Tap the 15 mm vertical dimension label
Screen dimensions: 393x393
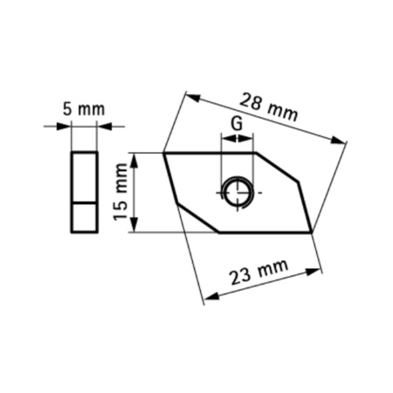coord(121,194)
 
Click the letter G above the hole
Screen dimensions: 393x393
coord(236,124)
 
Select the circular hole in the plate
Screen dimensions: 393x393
coord(237,192)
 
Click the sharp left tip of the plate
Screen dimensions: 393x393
coord(165,154)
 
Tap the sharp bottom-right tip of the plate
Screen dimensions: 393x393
coord(311,232)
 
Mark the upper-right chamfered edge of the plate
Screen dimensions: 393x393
coord(278,168)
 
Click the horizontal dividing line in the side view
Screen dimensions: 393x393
coord(84,202)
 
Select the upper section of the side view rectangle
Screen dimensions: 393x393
coord(84,177)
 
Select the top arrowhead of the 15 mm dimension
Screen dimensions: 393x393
coord(134,158)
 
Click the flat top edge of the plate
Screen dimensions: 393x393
coord(210,153)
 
